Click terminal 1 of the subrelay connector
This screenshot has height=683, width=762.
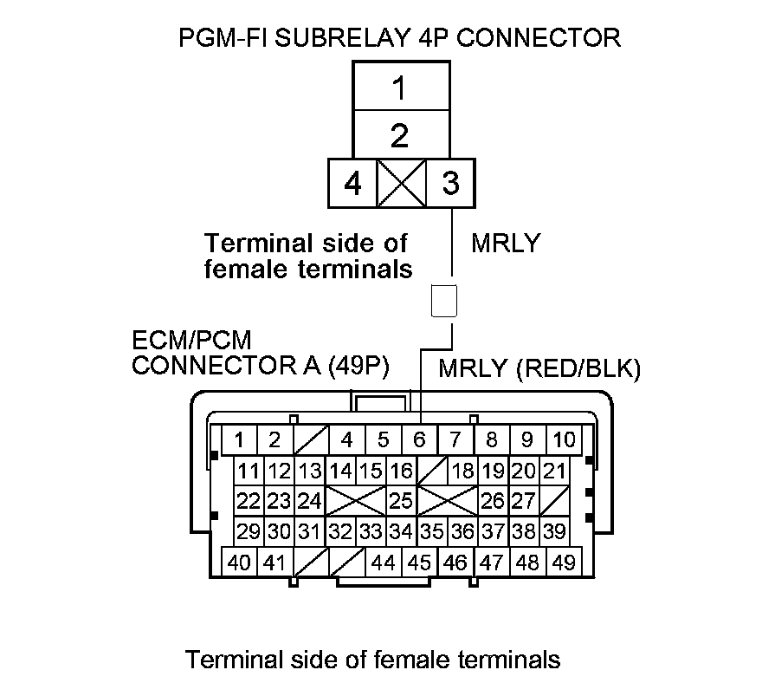[x=399, y=87]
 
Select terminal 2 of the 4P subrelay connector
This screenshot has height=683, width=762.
[x=399, y=136]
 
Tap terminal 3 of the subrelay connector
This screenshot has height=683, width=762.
[x=449, y=185]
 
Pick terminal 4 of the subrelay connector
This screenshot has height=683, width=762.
[x=352, y=185]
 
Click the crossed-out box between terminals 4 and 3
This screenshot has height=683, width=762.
[x=401, y=185]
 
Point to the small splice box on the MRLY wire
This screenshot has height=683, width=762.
[x=443, y=301]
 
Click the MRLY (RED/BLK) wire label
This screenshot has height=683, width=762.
[x=539, y=369]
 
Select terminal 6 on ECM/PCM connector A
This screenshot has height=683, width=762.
[x=419, y=439]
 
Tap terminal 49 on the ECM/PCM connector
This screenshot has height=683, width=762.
[x=563, y=563]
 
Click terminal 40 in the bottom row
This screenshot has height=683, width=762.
[x=240, y=563]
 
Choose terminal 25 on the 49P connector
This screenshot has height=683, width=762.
[x=400, y=501]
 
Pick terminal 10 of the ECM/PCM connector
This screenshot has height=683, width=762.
[x=564, y=439]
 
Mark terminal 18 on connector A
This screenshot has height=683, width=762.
[x=463, y=472]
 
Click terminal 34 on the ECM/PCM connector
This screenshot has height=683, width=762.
[x=400, y=531]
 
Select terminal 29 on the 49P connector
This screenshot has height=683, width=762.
[x=249, y=531]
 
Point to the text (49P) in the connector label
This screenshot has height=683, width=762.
[x=356, y=367]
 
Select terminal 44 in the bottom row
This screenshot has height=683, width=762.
[x=382, y=563]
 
